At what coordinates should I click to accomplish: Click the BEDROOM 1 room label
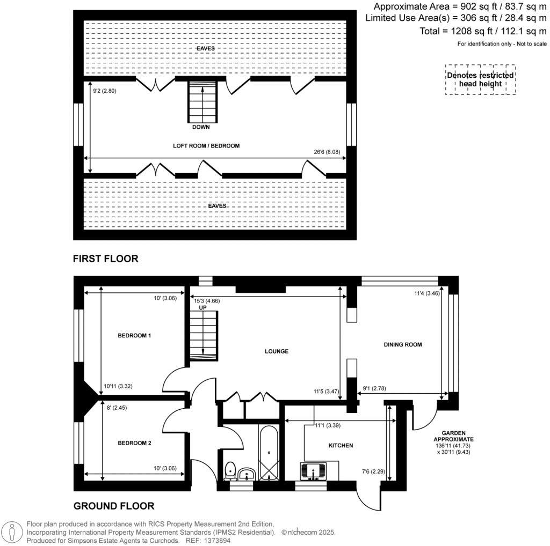134,336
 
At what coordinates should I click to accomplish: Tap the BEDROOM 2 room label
134,443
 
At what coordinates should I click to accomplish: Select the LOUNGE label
277,351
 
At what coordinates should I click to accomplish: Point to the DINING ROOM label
402,344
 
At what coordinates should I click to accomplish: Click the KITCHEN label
341,445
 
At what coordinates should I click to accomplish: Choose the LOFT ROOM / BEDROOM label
206,145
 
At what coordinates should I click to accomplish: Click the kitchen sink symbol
313,471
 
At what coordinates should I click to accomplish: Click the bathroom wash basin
247,474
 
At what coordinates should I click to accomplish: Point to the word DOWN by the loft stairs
201,127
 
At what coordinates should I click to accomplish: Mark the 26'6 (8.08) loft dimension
328,152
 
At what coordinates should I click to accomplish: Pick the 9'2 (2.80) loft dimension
105,91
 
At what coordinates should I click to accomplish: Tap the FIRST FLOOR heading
106,259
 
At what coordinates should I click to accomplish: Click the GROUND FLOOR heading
114,505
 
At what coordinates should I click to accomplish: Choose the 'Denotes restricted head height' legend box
480,79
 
